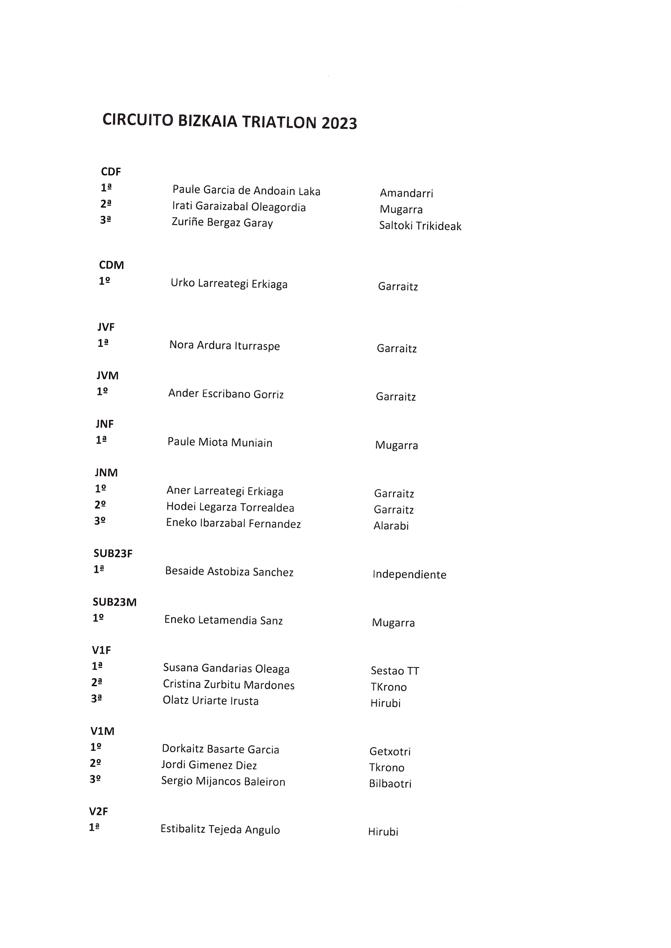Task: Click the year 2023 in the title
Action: [339, 123]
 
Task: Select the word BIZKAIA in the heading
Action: [208, 121]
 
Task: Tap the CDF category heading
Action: [111, 172]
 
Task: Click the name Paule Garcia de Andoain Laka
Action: [246, 190]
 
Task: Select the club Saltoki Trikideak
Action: [420, 226]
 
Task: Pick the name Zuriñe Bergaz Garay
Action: [222, 223]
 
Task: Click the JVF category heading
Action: [106, 327]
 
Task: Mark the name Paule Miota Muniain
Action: [220, 442]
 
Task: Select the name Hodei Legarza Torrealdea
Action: [230, 507]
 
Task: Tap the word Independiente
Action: [409, 575]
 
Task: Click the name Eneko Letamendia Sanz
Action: [223, 620]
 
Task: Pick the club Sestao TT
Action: [394, 671]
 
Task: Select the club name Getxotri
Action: [390, 751]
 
